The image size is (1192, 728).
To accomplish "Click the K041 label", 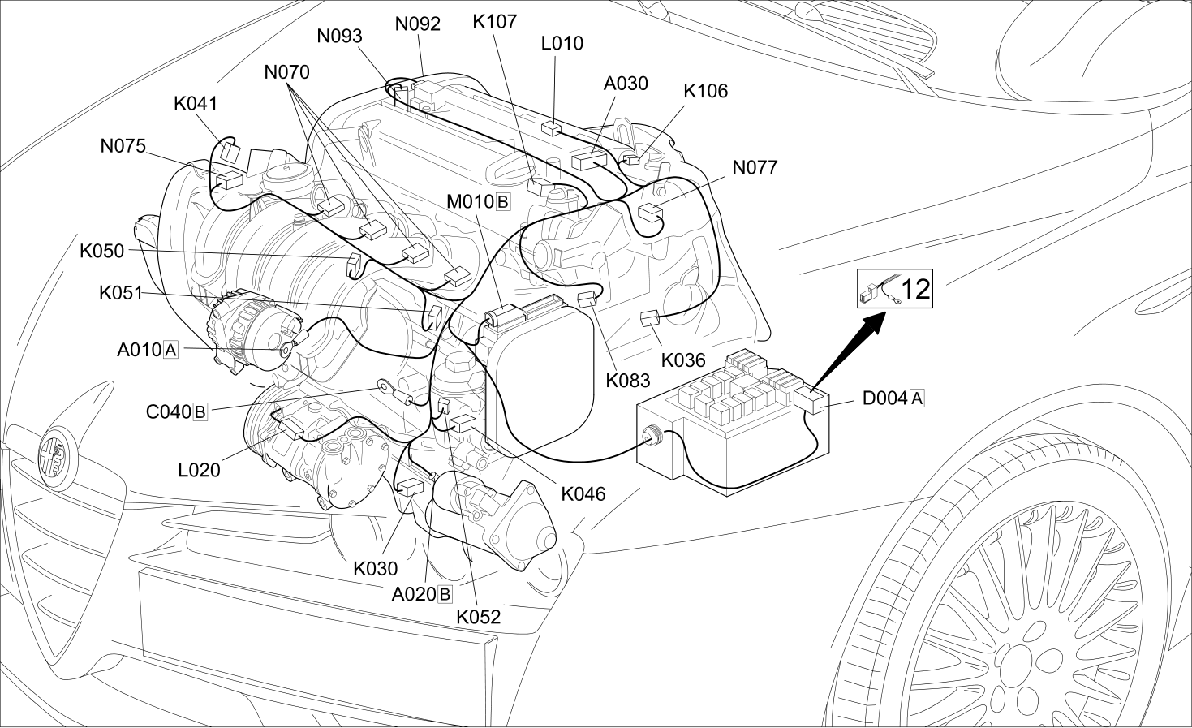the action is point(196,104).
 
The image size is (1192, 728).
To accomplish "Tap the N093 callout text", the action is point(339,37).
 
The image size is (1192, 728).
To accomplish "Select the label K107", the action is point(495,22).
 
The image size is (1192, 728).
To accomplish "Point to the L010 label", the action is point(562,43).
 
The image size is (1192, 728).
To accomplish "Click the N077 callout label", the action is point(755,168).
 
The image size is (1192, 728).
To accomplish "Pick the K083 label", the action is point(628,381).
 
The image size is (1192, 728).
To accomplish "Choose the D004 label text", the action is point(885,398).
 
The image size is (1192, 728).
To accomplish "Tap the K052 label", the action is point(479,617).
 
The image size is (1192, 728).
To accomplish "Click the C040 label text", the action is point(169,412).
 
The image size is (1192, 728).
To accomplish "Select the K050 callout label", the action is point(101,251).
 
